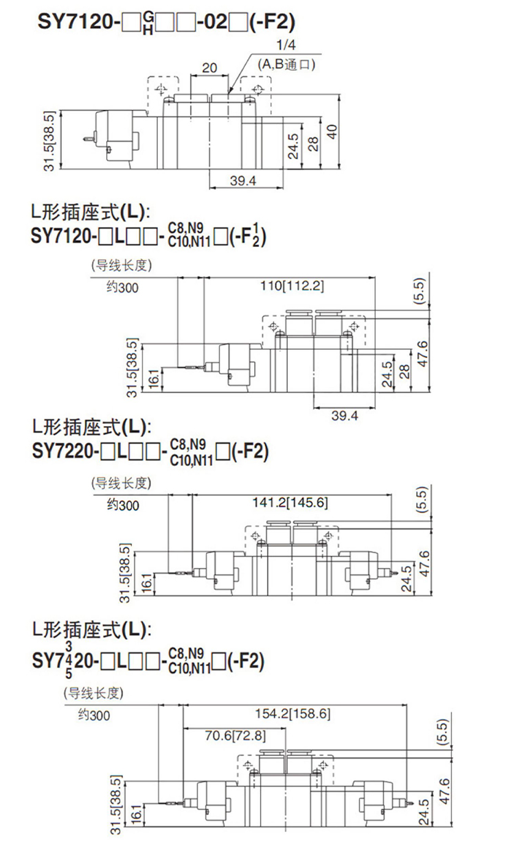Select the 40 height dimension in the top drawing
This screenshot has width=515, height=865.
point(334,131)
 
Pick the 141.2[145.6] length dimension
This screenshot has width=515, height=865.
point(292,502)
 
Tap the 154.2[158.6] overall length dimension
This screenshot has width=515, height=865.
point(294,713)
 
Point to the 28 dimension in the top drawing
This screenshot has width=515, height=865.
point(313,142)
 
